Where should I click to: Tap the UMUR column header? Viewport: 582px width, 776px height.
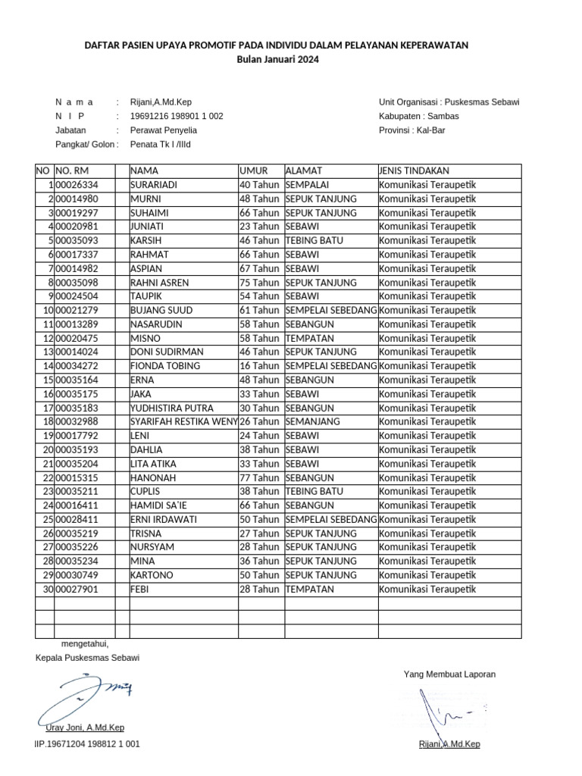point(254,171)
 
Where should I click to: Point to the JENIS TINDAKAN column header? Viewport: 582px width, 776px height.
point(415,171)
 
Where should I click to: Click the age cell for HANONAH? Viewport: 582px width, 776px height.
point(260,477)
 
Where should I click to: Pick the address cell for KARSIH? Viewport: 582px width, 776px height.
point(314,241)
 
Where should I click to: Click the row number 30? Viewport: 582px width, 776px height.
point(48,590)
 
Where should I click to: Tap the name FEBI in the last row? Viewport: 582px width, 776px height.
point(141,590)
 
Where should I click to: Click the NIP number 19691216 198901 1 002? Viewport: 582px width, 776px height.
point(177,116)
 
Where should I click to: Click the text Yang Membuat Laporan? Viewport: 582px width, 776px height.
point(449,674)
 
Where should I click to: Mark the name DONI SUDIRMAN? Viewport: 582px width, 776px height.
point(166,352)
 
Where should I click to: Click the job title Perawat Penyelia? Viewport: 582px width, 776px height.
point(164,130)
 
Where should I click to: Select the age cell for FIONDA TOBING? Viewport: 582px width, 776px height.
point(260,366)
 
